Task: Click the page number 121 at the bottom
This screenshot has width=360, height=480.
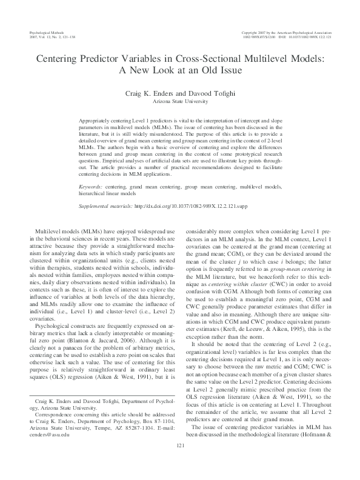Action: point(180,462)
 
